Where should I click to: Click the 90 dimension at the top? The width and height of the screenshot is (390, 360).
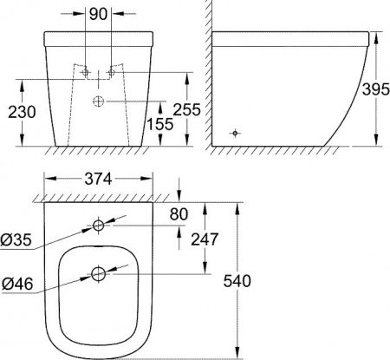(99, 15)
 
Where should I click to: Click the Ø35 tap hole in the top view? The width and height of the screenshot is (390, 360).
(98, 227)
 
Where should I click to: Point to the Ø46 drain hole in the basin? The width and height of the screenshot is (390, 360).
(98, 275)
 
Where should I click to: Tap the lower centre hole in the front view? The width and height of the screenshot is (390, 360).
(99, 101)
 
